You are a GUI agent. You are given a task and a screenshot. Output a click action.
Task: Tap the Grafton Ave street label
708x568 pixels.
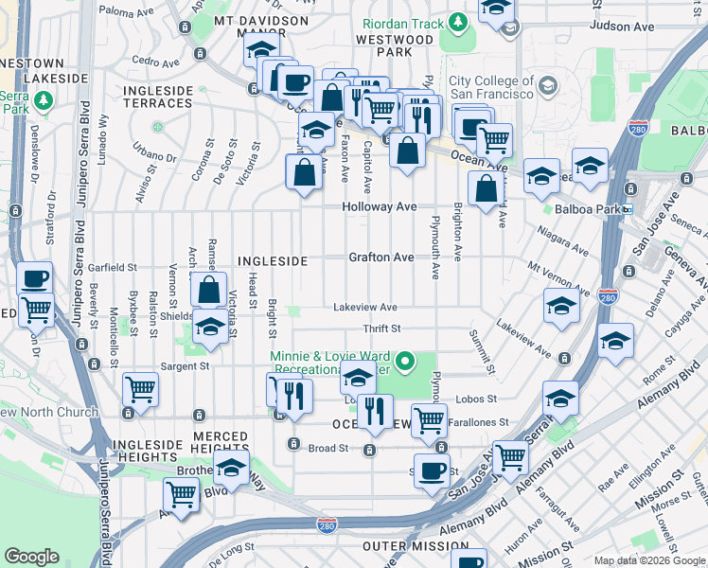click(x=381, y=257)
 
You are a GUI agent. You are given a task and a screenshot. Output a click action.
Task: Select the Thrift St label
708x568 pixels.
click(x=382, y=328)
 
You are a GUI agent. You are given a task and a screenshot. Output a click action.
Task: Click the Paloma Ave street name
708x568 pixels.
click(x=126, y=12)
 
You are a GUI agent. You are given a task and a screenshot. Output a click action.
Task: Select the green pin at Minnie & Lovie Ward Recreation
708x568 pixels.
click(x=406, y=360)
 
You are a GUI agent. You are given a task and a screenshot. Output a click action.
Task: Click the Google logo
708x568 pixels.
click(x=31, y=557)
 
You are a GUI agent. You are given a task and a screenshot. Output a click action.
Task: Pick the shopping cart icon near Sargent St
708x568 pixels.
click(x=140, y=388)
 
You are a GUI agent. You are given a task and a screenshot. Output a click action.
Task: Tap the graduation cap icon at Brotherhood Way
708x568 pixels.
click(x=231, y=467)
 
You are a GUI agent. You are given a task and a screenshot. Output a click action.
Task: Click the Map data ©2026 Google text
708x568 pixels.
click(x=648, y=560)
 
